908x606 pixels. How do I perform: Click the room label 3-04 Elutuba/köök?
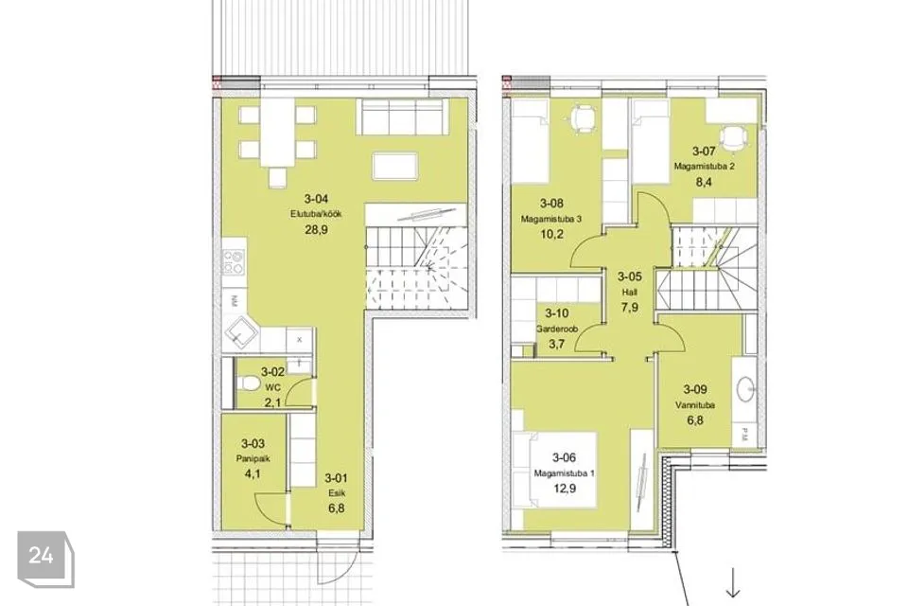click(x=316, y=205)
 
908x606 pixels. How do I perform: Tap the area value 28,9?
click(x=316, y=230)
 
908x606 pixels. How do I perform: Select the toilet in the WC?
click(x=249, y=383)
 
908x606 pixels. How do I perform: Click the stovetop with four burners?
click(x=234, y=261)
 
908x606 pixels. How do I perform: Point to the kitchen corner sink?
click(x=238, y=331)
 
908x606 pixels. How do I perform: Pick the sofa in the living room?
click(x=403, y=116)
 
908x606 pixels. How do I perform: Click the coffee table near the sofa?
click(x=395, y=166)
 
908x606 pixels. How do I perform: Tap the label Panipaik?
click(x=253, y=458)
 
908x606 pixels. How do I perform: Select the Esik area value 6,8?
click(x=336, y=508)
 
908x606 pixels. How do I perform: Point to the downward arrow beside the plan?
click(x=733, y=583)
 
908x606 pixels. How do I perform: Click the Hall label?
click(x=630, y=293)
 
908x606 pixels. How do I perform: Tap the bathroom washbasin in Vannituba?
click(x=746, y=388)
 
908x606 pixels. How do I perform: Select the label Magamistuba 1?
click(x=564, y=473)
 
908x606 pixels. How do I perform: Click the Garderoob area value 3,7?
click(x=556, y=344)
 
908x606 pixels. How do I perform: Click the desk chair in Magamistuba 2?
click(x=732, y=140)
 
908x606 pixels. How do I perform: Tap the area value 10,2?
click(x=551, y=234)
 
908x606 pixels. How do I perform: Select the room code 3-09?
click(x=695, y=390)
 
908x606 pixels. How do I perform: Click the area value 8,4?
click(x=704, y=182)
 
